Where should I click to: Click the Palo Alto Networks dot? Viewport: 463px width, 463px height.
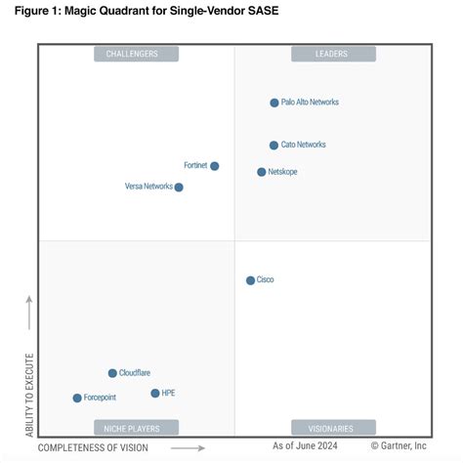click(274, 103)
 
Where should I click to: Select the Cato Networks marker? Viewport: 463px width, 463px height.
click(274, 146)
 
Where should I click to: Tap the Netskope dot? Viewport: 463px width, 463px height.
click(262, 172)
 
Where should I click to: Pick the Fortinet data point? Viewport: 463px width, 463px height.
click(215, 166)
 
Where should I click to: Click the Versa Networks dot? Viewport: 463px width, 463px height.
click(179, 187)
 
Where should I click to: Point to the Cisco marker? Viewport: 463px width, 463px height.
click(250, 280)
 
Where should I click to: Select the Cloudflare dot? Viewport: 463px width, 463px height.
click(112, 373)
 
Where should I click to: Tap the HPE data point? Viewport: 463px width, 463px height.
click(155, 393)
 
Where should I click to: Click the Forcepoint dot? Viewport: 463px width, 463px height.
click(77, 398)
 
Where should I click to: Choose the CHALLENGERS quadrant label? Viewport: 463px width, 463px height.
click(136, 55)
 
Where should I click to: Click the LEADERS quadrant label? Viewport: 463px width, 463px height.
click(332, 55)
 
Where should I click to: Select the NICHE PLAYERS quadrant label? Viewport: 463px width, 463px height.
click(136, 427)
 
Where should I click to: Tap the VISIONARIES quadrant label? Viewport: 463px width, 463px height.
click(332, 427)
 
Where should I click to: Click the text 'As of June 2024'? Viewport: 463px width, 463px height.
click(304, 445)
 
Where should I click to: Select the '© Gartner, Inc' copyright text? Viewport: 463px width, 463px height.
click(392, 445)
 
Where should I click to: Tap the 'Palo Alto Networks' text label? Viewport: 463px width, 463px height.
click(310, 103)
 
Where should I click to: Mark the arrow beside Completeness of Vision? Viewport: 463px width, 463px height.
click(193, 448)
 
